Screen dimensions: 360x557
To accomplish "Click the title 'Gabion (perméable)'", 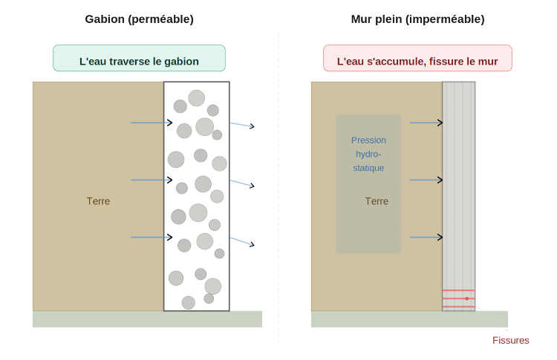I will coord(139,19).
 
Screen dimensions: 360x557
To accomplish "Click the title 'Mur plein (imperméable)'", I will coord(417,19).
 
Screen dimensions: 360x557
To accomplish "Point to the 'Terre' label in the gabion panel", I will coord(98,201).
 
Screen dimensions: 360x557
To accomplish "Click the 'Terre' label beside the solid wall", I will coord(377,201).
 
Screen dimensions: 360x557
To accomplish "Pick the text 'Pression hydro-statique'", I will coord(368,154).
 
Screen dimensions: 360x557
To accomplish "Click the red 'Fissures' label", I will coord(511,341).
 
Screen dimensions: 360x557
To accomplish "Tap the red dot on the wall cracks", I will coord(467,298).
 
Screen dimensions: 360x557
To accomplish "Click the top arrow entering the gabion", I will coord(152,122).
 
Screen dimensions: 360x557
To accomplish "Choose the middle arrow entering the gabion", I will coord(152,180).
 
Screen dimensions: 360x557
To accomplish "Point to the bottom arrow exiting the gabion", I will coord(242,241).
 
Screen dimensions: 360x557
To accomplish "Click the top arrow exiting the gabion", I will coord(242,125).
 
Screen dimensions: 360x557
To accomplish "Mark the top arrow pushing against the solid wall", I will coord(426,122).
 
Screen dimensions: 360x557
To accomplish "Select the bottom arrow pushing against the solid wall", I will coord(426,238).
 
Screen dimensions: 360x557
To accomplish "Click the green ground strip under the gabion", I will coord(147,319).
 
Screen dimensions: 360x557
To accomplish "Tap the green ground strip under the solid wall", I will coord(409,319).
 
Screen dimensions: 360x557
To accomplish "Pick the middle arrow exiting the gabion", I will coord(242,183).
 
